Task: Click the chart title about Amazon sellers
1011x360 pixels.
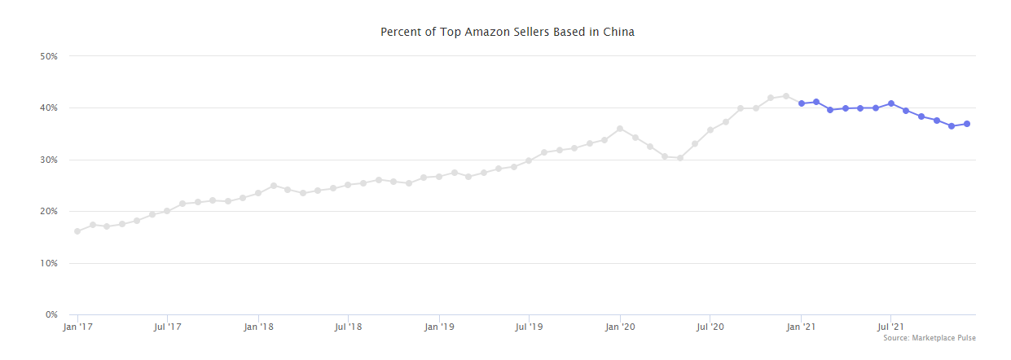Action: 507,33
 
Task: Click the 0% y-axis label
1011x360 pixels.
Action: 51,315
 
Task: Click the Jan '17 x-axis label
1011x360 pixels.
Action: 77,327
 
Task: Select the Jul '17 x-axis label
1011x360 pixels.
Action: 167,327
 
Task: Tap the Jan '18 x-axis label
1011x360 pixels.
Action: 258,327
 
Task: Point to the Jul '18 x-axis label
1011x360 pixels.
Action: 348,327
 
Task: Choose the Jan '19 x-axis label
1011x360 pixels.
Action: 439,327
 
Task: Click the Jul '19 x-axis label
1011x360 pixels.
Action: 529,327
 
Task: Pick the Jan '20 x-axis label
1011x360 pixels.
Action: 620,327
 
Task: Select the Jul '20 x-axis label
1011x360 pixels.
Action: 710,327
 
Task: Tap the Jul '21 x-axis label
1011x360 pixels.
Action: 890,327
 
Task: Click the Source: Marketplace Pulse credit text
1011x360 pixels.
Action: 929,338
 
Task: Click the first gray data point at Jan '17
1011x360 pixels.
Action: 77,231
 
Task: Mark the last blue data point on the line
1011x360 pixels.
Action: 967,124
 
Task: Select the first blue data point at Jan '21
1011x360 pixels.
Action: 802,103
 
